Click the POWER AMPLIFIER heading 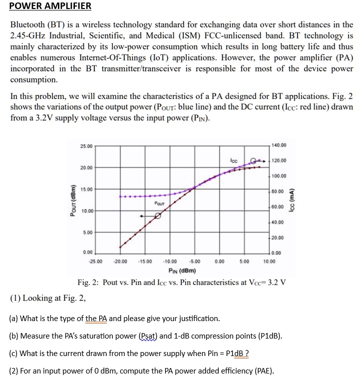coord(51,6)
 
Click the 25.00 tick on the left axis coord(86,146)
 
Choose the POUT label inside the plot coord(159,203)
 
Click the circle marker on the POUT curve coord(158,216)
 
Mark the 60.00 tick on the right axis coord(278,206)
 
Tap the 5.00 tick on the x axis coord(244,261)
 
